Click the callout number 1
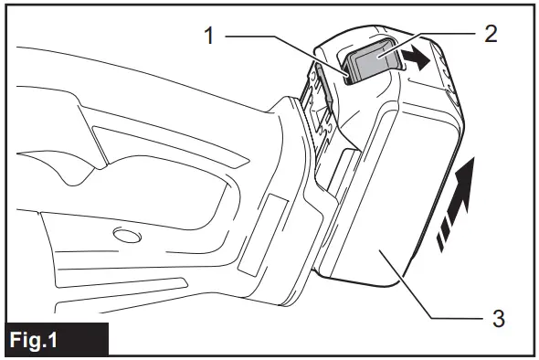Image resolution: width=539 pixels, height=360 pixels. (x=208, y=36)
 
